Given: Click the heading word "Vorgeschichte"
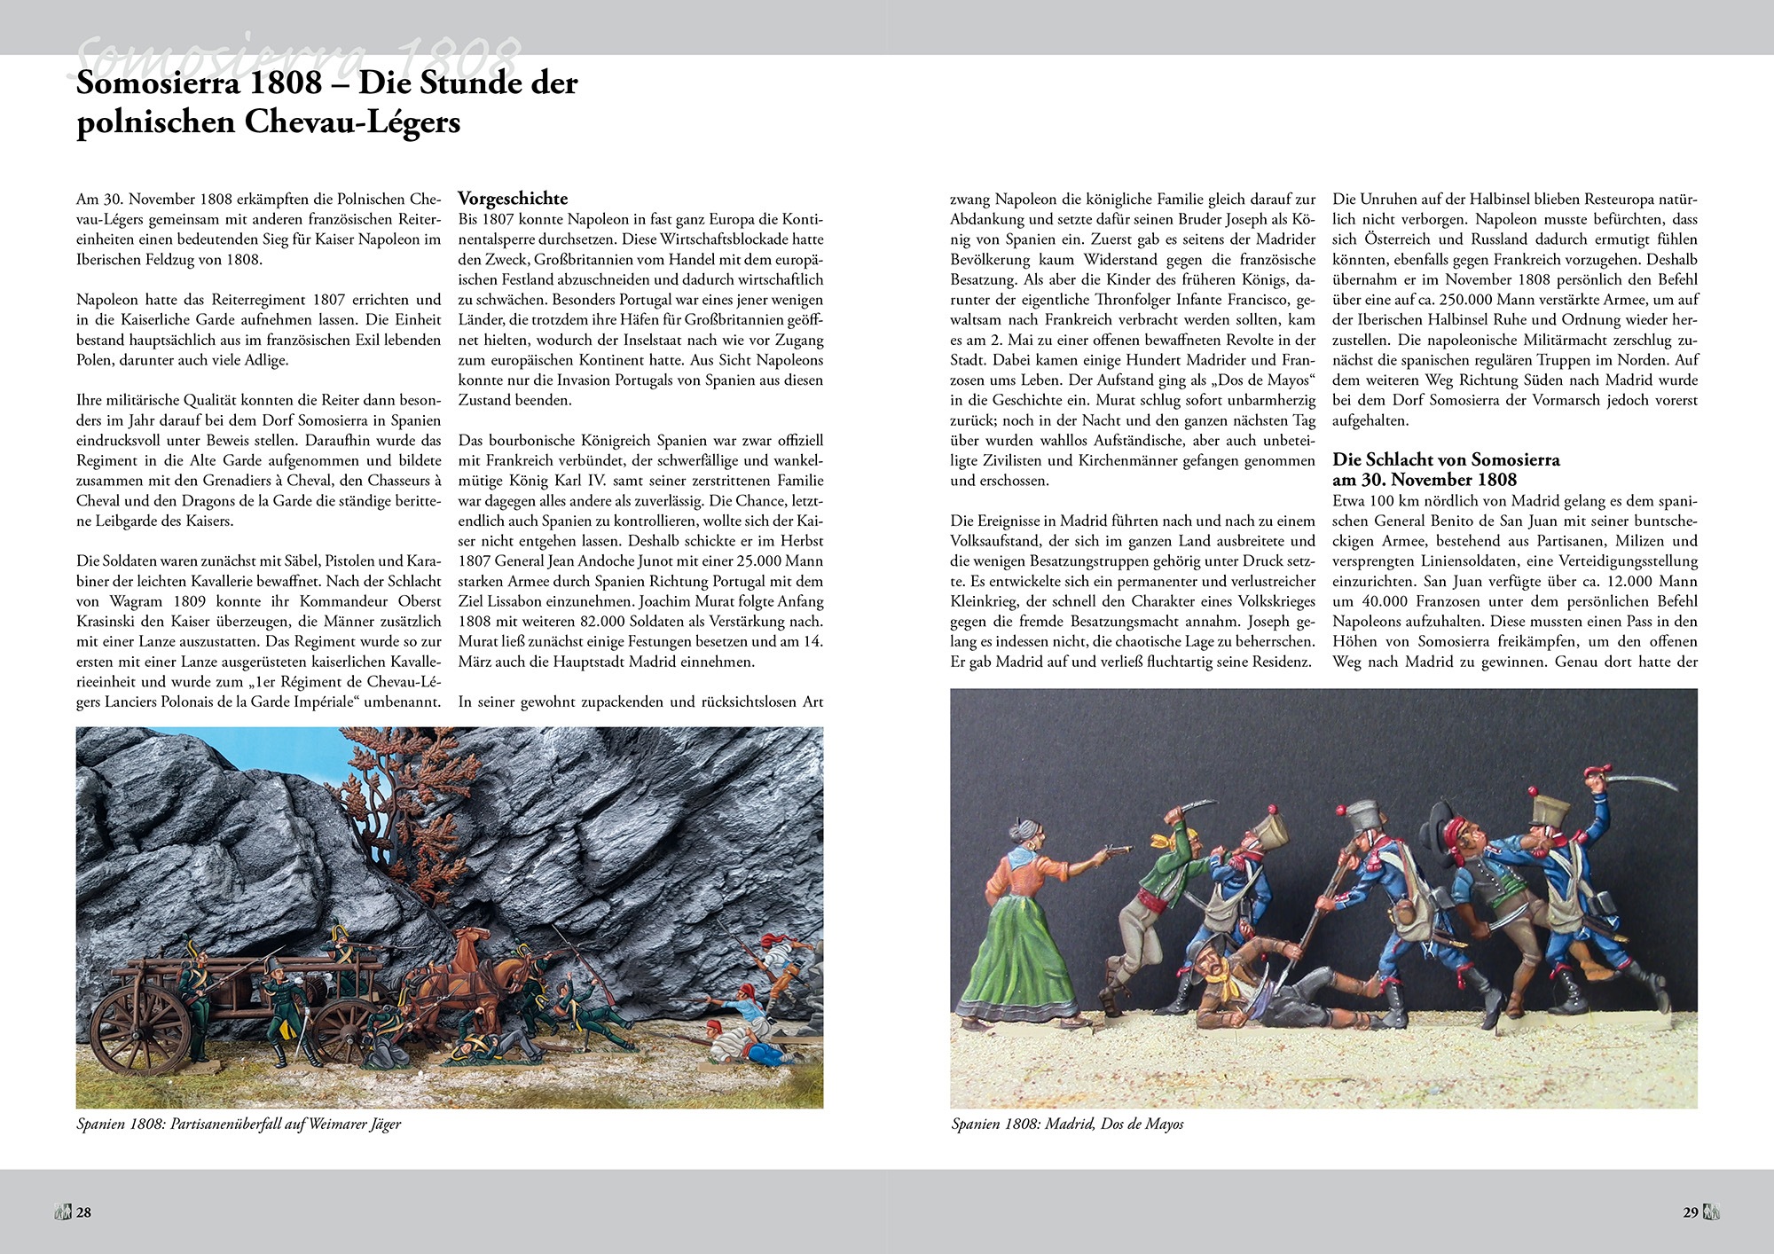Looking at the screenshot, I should pyautogui.click(x=512, y=198).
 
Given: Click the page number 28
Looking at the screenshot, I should pyautogui.click(x=83, y=1212).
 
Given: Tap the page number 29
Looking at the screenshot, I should pyautogui.click(x=1690, y=1212).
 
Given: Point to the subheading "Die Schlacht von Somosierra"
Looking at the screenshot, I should pyautogui.click(x=1445, y=459).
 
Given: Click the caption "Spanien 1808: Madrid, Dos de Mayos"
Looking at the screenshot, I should pyautogui.click(x=1067, y=1124).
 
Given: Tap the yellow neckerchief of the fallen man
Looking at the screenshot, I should pyautogui.click(x=1229, y=979).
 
